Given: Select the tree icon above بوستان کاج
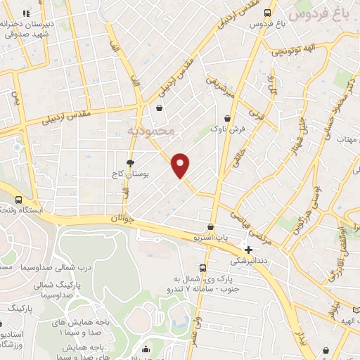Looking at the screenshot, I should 130,162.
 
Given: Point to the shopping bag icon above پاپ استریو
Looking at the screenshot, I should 210,227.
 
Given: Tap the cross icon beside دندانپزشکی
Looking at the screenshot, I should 248,250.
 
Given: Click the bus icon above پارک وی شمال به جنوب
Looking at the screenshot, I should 202,268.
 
